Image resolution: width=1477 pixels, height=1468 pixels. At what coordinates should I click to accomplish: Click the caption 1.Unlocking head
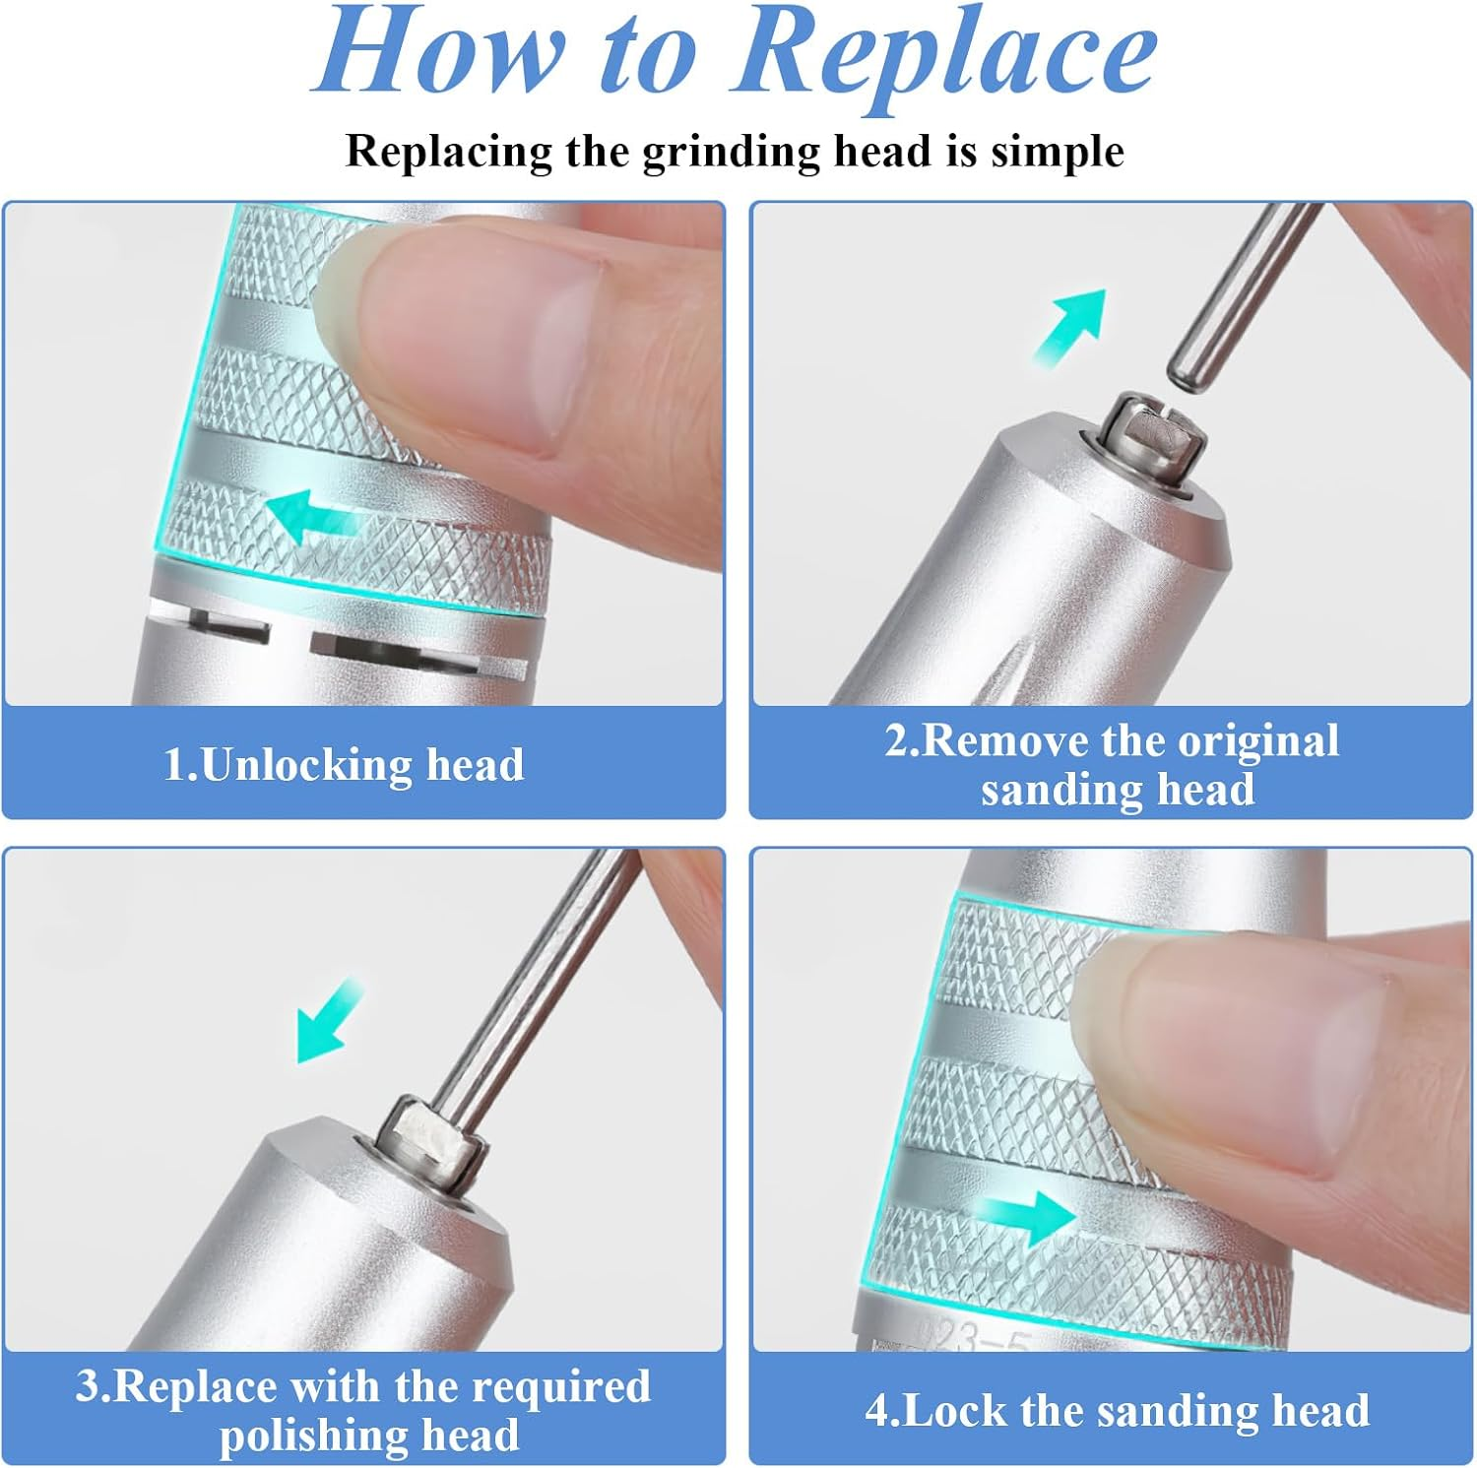coord(344,765)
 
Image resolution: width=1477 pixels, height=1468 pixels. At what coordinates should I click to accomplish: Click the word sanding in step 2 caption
coord(1047,790)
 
